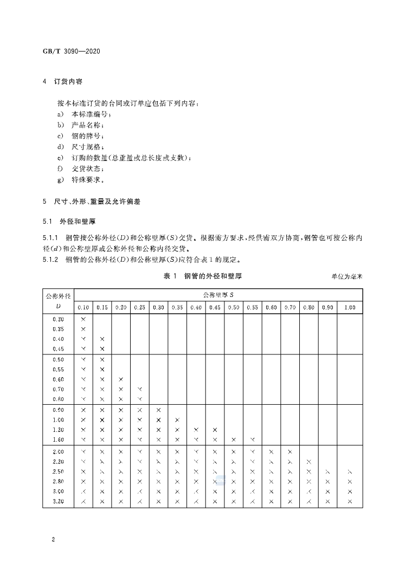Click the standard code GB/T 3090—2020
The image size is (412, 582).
(x=72, y=52)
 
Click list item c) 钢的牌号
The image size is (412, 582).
(x=81, y=136)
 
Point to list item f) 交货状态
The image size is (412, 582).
(x=81, y=169)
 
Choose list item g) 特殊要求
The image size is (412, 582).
(x=81, y=179)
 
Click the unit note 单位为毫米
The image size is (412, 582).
(x=346, y=277)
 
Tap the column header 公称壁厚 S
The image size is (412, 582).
(x=218, y=295)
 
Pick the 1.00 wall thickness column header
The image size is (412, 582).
(x=350, y=307)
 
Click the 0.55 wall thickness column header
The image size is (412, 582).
(x=252, y=307)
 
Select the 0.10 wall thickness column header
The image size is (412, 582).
(x=83, y=307)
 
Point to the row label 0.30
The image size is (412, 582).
(x=58, y=319)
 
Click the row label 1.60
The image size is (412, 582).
(x=58, y=439)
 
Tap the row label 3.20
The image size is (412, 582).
(x=58, y=501)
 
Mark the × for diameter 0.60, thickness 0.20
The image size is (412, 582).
(x=121, y=379)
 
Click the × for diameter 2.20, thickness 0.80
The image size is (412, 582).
(x=309, y=462)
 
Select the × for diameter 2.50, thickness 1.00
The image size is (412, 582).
(x=350, y=472)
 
